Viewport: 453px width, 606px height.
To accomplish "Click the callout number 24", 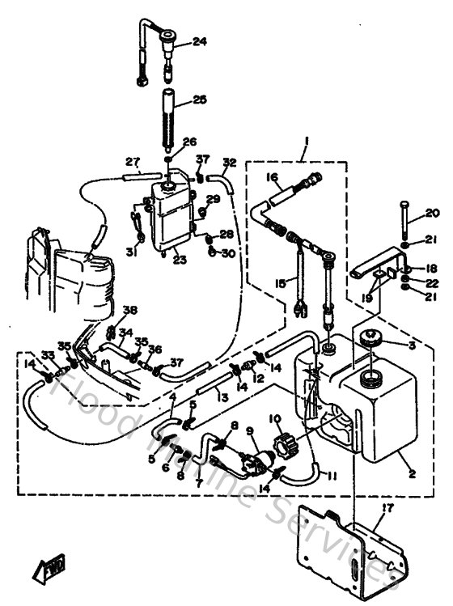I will point(199,42).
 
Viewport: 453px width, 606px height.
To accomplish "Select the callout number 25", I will point(199,100).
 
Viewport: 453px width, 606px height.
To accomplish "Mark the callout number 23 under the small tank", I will point(179,260).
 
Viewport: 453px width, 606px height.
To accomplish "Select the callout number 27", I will point(133,161).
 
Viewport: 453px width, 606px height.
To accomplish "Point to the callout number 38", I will point(130,310).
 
